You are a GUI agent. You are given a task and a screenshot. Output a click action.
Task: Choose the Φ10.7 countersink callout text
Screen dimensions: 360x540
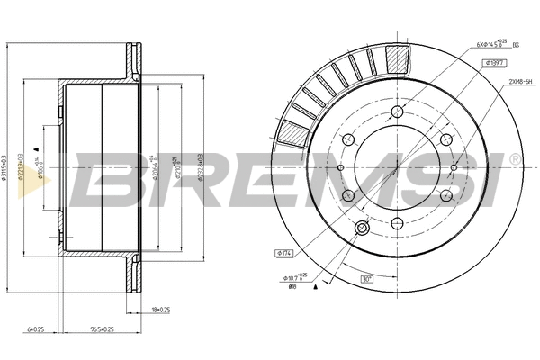click(x=296, y=278)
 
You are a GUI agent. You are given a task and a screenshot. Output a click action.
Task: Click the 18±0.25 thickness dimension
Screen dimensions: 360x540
click(x=159, y=310)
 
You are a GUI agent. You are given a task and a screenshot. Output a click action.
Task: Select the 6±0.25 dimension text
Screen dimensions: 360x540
click(x=37, y=329)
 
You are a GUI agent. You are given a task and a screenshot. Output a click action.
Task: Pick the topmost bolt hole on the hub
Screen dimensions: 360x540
click(x=396, y=113)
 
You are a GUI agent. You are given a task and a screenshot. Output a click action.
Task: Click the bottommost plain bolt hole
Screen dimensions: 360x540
click(x=397, y=220)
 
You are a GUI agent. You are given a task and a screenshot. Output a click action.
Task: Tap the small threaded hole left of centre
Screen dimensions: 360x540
click(x=341, y=167)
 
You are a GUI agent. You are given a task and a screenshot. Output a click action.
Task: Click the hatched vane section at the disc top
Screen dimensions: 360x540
click(x=397, y=58)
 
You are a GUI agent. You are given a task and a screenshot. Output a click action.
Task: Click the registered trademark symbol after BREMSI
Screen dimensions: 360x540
click(x=515, y=159)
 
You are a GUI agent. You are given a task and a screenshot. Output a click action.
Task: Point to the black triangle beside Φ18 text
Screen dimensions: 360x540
click(x=317, y=290)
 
